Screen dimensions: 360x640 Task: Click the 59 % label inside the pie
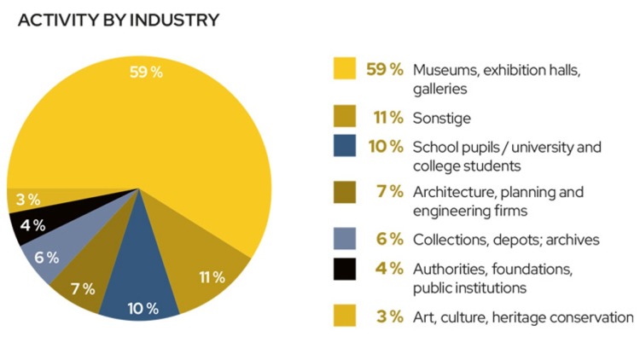pos(145,72)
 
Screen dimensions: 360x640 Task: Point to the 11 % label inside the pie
pos(211,276)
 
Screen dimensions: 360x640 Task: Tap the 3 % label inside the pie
pos(28,200)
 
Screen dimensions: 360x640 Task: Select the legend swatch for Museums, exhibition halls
pos(344,68)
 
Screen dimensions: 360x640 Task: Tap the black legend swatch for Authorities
pos(344,270)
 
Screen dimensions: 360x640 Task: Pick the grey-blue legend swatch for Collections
pos(344,240)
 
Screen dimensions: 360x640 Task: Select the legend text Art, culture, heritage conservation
pos(522,317)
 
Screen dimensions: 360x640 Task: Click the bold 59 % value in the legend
pos(386,68)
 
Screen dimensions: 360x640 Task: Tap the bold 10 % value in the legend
pos(386,147)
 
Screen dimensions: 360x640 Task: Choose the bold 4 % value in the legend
pos(388,270)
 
